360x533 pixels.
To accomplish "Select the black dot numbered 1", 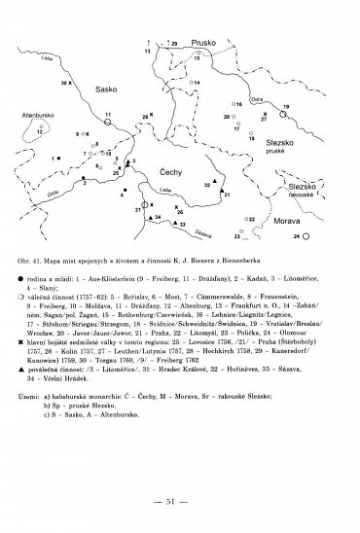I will coord(56,158).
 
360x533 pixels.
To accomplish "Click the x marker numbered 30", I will coord(71,85).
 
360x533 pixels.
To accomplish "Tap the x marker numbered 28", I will coord(152,118).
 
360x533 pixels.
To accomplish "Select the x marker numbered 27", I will coord(254,121).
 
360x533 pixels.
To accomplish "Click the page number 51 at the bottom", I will coord(180,499).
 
